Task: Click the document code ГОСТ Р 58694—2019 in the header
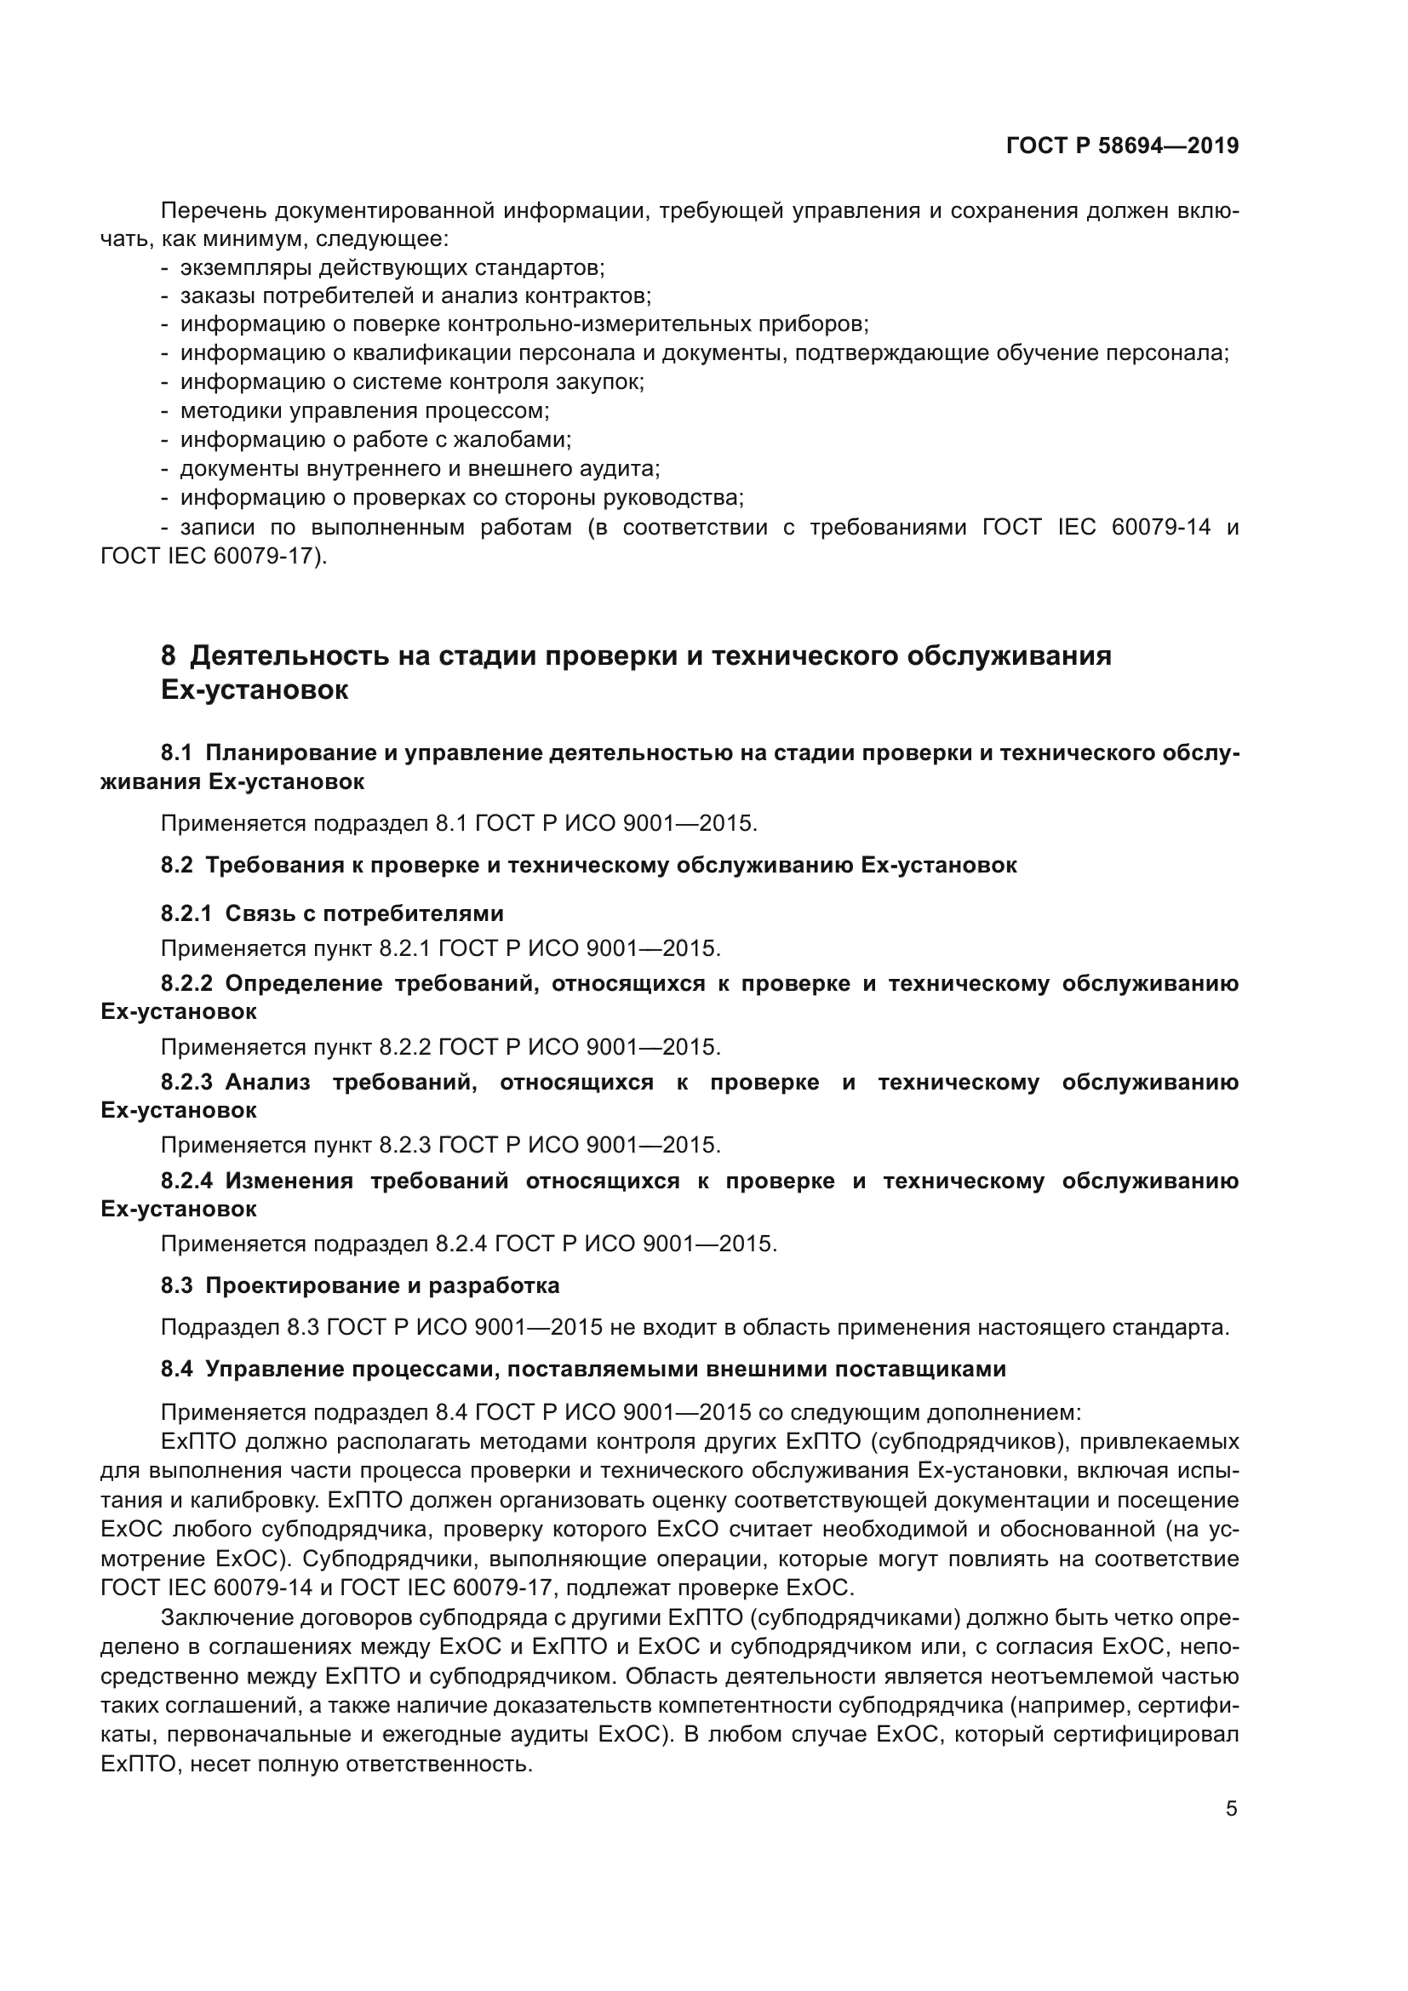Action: [x=1122, y=146]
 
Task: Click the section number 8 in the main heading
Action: [x=168, y=655]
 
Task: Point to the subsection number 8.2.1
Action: [x=186, y=913]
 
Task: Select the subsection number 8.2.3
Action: [x=186, y=1082]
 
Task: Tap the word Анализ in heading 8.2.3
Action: [x=267, y=1082]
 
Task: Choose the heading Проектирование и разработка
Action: [x=381, y=1285]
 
